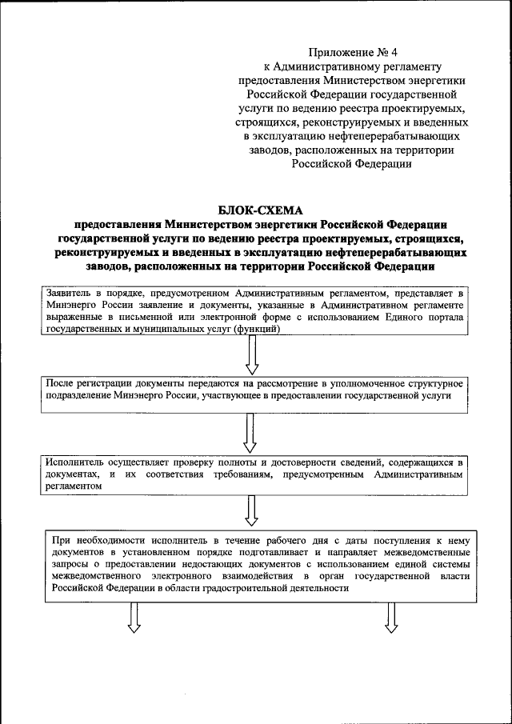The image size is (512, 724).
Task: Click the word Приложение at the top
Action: coord(327,52)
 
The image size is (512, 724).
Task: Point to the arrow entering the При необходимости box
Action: coord(252,509)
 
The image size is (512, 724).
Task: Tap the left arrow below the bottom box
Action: coord(134,617)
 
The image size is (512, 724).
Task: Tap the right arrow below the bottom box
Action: coord(392,617)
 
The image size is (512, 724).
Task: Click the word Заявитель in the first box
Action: coord(70,294)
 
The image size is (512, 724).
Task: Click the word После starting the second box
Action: coord(61,383)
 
